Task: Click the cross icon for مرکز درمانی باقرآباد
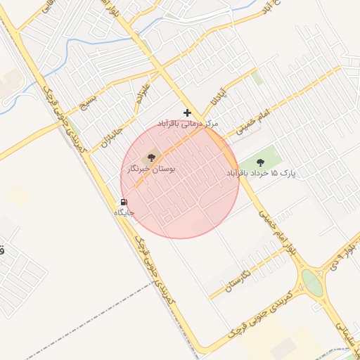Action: (187, 112)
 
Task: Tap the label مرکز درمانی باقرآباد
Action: (188, 124)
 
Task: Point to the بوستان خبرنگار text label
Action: (149, 169)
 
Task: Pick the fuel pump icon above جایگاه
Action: (124, 202)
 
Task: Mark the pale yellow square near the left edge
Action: (19, 196)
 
